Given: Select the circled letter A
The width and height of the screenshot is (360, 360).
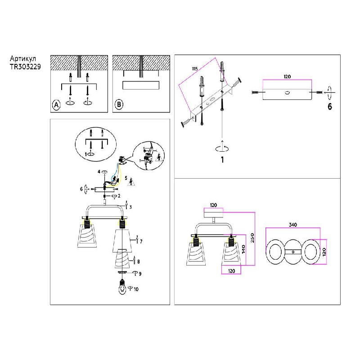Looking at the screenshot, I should pos(56,105).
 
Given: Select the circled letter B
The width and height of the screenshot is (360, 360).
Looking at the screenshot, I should pos(119,105).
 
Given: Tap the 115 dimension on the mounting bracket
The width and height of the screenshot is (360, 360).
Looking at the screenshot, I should pos(194,68).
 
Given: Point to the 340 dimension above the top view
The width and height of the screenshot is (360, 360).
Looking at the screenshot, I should pos(293,224).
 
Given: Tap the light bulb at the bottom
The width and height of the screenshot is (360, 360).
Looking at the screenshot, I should pos(122,287).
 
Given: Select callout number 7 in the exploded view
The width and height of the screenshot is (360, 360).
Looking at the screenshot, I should pos(141,242).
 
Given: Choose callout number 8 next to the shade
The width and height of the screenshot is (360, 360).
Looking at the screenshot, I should pos(139,261).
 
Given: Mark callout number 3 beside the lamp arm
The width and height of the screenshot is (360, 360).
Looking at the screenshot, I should pos(130,207).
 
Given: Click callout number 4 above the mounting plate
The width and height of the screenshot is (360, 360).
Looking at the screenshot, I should pos(99,172).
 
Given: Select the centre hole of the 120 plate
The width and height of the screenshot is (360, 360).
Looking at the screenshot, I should pos(287,93).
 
